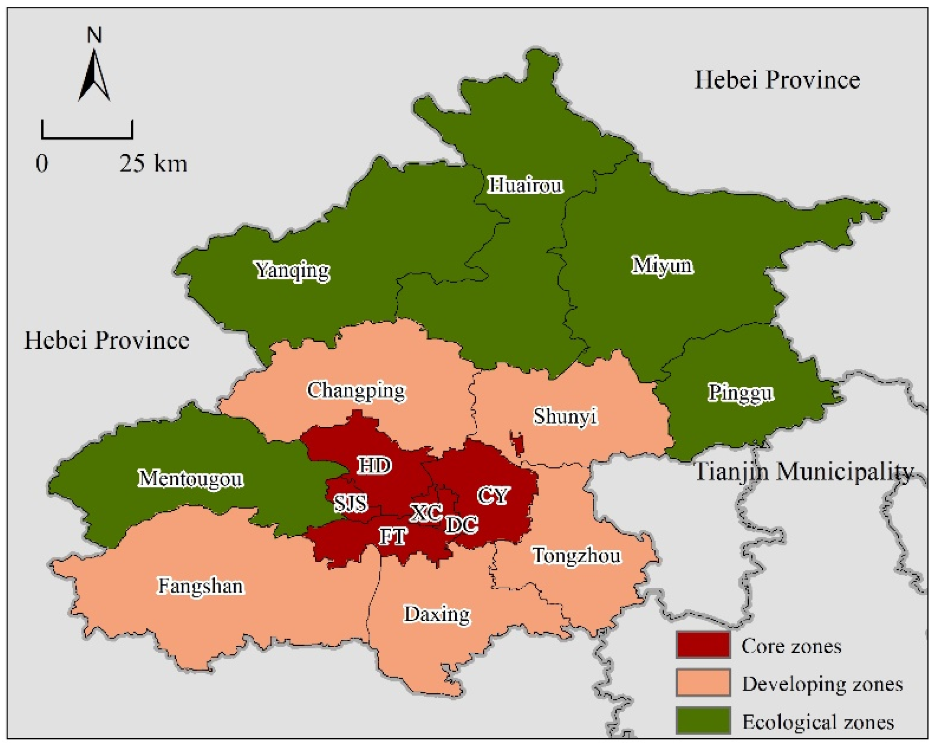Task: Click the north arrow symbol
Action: point(94,76)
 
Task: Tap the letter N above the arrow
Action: point(94,35)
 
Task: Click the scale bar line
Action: point(87,137)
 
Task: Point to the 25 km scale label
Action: point(153,164)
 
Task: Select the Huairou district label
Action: point(525,185)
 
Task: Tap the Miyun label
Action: point(662,266)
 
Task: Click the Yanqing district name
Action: point(292,271)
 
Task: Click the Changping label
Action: point(356,391)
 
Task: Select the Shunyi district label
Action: point(565,417)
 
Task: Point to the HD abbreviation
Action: point(375,466)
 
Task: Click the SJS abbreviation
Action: point(350,503)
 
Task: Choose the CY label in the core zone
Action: point(494,496)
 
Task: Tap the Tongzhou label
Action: point(577,556)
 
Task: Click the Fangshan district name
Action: point(201,587)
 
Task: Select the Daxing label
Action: point(437,615)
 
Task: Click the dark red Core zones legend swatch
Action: point(702,646)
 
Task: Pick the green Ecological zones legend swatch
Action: point(702,721)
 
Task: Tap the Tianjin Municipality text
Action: point(805,472)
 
